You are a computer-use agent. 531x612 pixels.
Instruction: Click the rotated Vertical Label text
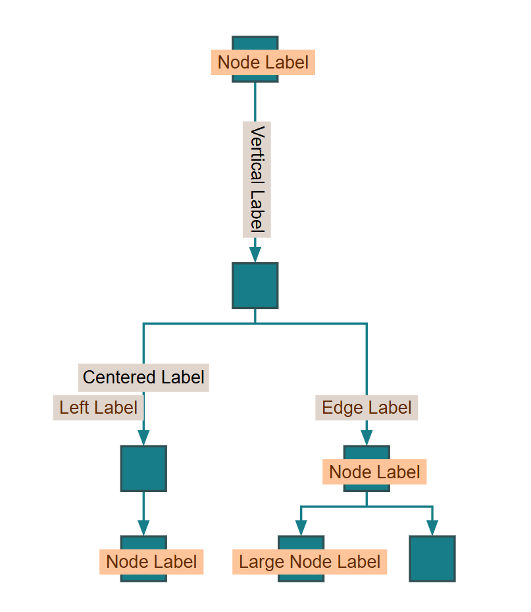pyautogui.click(x=257, y=179)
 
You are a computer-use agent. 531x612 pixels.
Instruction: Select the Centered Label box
pyautogui.click(x=143, y=377)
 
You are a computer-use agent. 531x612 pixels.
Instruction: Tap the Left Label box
pyautogui.click(x=98, y=408)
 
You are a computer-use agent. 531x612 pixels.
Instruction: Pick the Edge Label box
pyautogui.click(x=367, y=408)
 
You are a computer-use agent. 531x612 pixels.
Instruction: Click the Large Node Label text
pyautogui.click(x=309, y=562)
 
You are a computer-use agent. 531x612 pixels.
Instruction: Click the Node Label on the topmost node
pyautogui.click(x=263, y=63)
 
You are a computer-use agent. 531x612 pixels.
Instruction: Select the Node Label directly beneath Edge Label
pyautogui.click(x=374, y=472)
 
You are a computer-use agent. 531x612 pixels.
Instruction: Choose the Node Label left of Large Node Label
pyautogui.click(x=151, y=562)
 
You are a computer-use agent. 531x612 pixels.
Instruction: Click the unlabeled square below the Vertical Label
pyautogui.click(x=255, y=285)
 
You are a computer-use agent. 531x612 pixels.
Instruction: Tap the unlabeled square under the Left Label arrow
pyautogui.click(x=143, y=468)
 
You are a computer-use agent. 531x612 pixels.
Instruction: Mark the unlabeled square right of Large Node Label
pyautogui.click(x=432, y=559)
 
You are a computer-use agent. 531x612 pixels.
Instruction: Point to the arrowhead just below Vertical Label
pyautogui.click(x=255, y=254)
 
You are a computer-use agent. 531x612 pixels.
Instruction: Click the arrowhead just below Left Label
pyautogui.click(x=143, y=437)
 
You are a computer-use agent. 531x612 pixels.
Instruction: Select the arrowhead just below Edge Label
pyautogui.click(x=367, y=437)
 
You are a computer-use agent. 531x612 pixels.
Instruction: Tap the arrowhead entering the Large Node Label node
pyautogui.click(x=301, y=528)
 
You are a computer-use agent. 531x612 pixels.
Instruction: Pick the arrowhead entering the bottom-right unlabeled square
pyautogui.click(x=432, y=528)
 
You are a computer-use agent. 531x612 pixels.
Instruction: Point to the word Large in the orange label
pyautogui.click(x=262, y=562)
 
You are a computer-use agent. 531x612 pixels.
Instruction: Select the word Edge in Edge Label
pyautogui.click(x=338, y=408)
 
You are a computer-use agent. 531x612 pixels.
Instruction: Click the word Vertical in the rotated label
pyautogui.click(x=257, y=155)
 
